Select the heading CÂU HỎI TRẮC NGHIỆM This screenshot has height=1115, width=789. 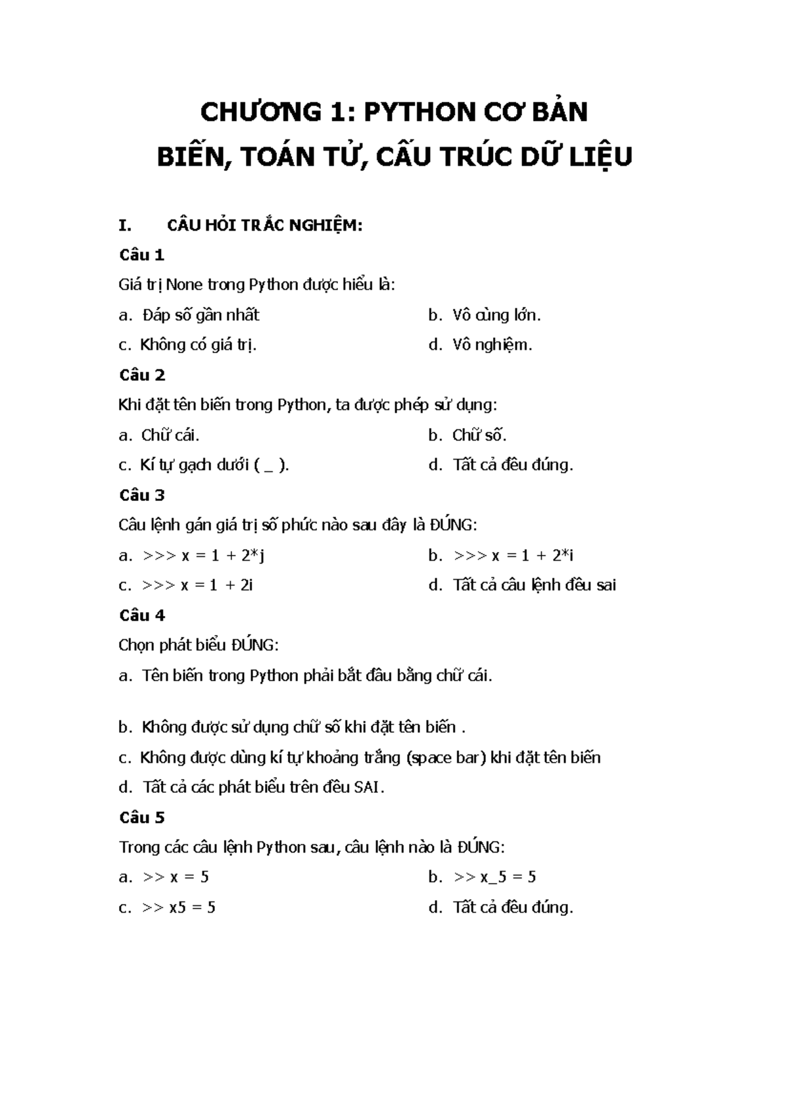click(265, 225)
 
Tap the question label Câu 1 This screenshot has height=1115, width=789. click(141, 254)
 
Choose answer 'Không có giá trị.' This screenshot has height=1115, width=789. click(198, 344)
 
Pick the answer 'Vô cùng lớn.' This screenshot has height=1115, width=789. click(496, 315)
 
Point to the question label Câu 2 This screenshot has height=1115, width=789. click(142, 375)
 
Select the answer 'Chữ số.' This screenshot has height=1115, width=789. click(479, 435)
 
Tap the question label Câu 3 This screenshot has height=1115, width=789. click(142, 494)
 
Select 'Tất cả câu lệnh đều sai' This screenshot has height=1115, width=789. click(534, 585)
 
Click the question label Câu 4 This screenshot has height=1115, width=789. click(142, 615)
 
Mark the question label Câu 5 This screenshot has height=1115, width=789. click(142, 817)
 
